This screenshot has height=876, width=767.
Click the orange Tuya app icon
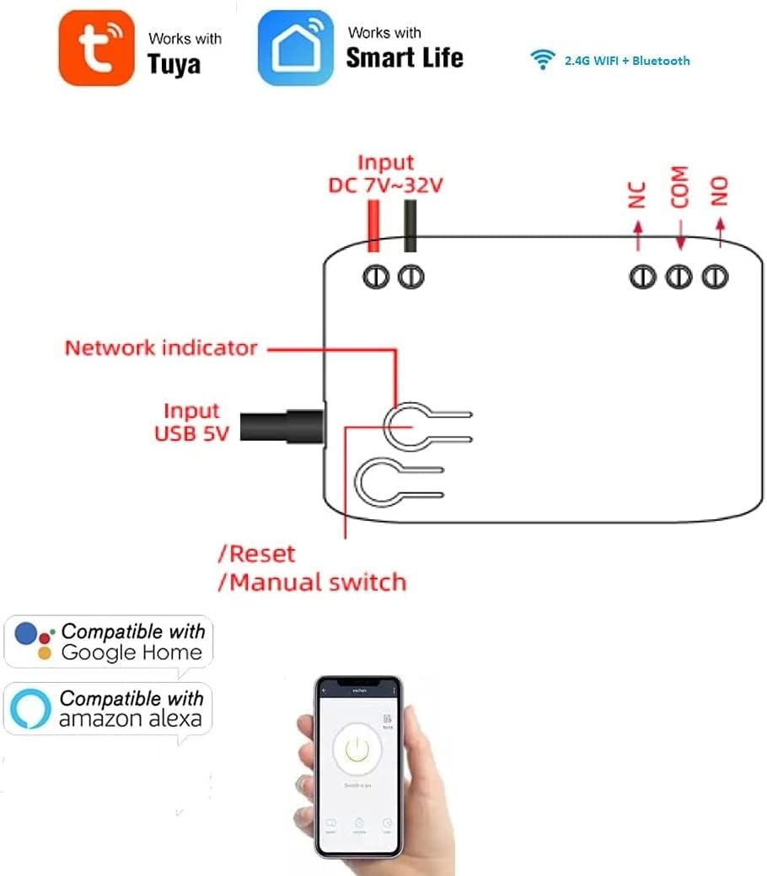point(96,47)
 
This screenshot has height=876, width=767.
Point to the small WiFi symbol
point(542,60)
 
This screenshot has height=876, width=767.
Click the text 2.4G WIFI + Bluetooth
point(626,61)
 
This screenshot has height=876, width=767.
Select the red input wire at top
point(372,226)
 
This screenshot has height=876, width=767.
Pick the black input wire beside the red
point(410,226)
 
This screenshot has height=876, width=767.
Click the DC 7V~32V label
point(385,185)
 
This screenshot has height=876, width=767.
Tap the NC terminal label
point(637,195)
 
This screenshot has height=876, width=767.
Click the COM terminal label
point(679,187)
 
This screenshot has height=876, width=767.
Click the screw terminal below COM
point(679,276)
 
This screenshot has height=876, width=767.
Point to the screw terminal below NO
point(716,276)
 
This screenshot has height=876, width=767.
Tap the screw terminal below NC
point(642,276)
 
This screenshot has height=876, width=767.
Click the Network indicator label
point(161,347)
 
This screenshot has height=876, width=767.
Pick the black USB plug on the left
point(282,425)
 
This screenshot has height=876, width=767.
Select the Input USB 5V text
point(190,422)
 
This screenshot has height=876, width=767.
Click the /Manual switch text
point(313,582)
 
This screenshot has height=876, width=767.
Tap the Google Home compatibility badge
point(108,642)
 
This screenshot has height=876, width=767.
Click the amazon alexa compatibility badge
point(108,708)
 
